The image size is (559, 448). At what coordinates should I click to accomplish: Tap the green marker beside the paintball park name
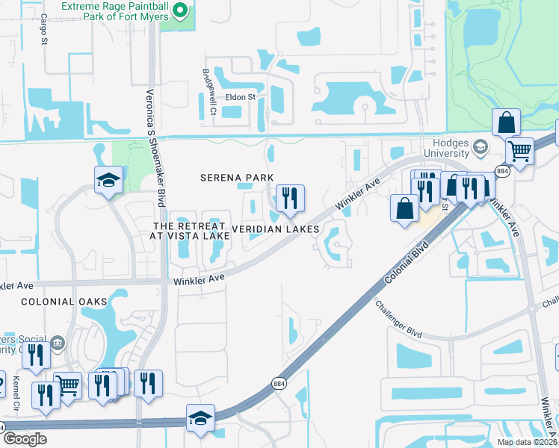click(x=179, y=10)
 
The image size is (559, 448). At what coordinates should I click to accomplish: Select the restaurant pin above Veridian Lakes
click(x=289, y=199)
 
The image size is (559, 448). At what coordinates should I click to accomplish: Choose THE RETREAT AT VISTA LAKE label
click(x=191, y=231)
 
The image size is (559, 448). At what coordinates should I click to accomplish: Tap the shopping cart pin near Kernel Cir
click(x=68, y=385)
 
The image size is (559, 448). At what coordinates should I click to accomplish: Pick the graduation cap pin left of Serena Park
click(x=108, y=180)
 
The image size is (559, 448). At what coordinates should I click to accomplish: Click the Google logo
click(x=25, y=439)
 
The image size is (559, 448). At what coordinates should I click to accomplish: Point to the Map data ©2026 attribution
click(x=527, y=442)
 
